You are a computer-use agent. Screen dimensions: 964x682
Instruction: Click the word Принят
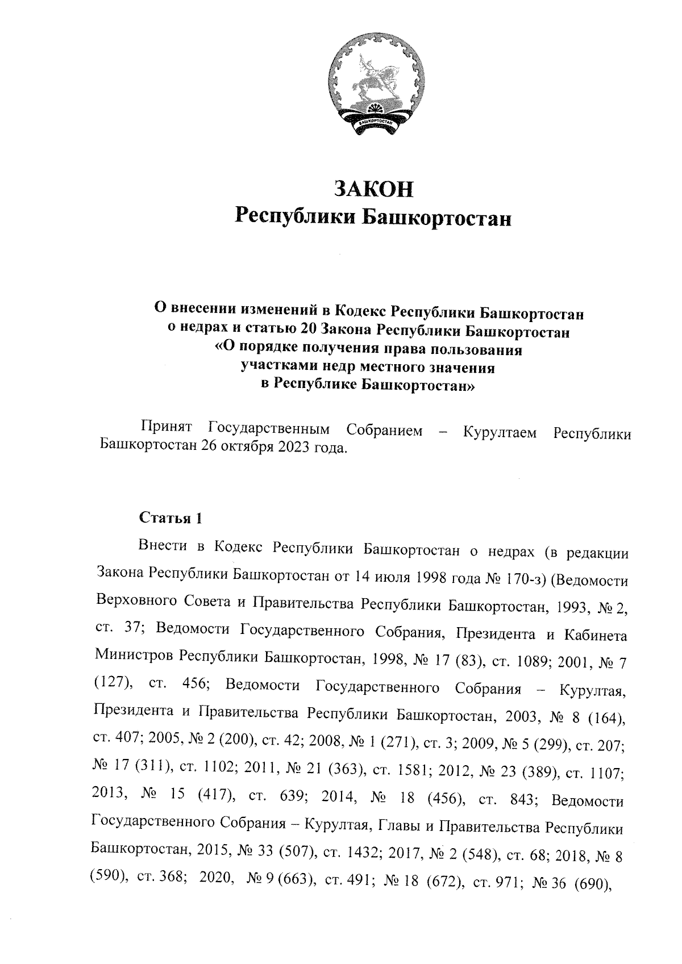coord(169,431)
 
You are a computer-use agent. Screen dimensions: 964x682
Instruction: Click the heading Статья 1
coord(170,518)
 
